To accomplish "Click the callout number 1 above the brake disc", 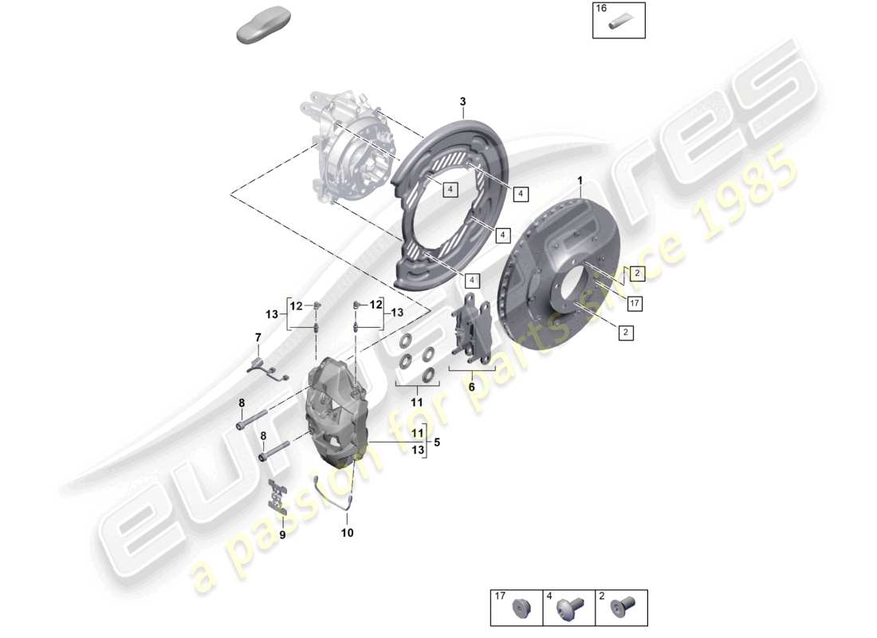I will point(580,180).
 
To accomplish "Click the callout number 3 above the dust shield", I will point(462,102).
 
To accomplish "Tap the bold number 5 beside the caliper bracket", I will point(435,442).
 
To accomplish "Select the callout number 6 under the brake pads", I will point(471,386).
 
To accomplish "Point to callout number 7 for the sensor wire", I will point(258,338).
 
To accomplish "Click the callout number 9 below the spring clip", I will point(281,534).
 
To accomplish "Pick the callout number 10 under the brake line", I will point(347,532).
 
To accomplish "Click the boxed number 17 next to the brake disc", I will point(635,303).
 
